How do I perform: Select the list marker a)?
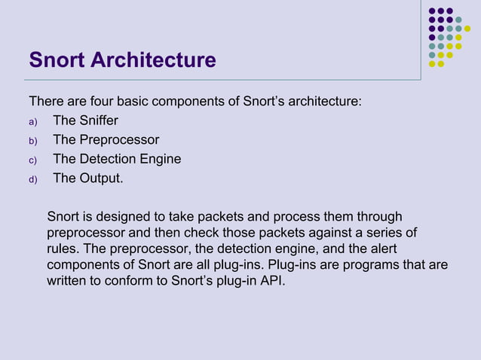point(32,121)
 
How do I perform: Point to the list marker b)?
point(32,141)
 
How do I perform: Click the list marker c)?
point(32,160)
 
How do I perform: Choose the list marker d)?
point(32,180)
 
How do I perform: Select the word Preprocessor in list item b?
point(118,140)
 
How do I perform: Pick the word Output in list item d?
point(100,179)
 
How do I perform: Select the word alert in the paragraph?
point(381,249)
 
